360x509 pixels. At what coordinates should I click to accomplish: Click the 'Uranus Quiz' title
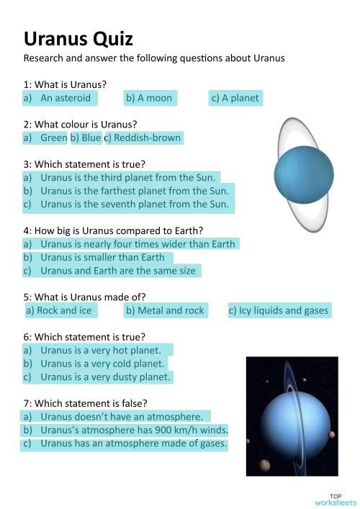point(78,38)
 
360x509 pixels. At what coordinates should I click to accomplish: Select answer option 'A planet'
point(235,98)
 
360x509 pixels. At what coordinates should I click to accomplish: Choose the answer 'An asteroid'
point(60,98)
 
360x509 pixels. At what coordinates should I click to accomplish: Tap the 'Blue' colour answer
point(86,138)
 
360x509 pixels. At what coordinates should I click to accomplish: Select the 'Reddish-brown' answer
point(144,138)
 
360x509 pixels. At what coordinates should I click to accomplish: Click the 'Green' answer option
point(45,138)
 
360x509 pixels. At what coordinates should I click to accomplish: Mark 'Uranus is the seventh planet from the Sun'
point(127,204)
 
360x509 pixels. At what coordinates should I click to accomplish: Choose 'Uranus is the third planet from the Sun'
point(120,177)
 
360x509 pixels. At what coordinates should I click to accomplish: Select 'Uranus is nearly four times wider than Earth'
point(130,244)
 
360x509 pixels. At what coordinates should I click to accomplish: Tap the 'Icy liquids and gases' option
point(279,311)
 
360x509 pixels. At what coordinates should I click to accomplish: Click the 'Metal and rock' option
point(165,311)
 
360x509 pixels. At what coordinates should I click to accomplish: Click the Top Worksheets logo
point(335,499)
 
